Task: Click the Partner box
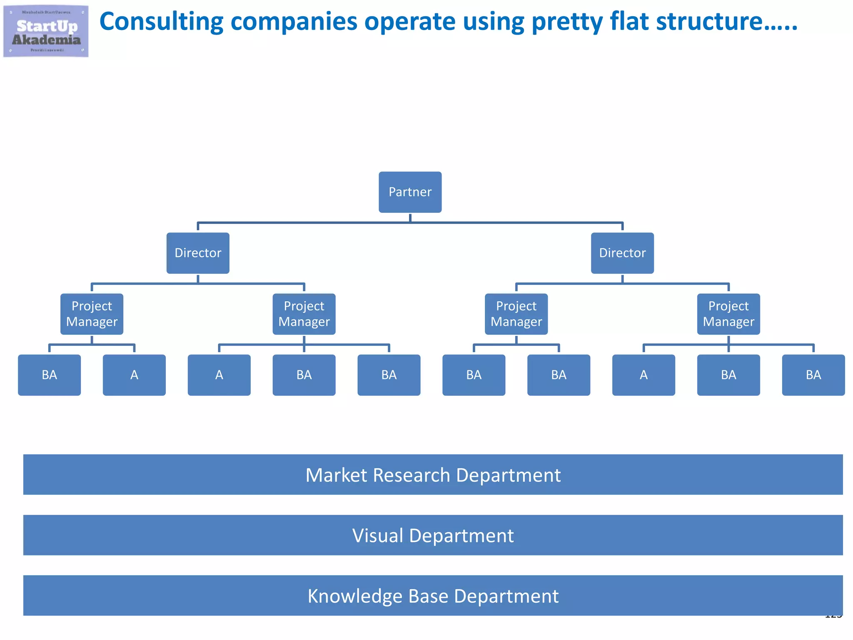point(410,192)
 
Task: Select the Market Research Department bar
point(433,475)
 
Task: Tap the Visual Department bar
point(433,535)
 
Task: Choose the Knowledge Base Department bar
point(433,595)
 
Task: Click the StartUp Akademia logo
point(46,31)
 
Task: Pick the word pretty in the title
point(567,22)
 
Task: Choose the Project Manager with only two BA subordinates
point(516,314)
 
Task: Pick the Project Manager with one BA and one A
point(92,314)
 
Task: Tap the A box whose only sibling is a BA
point(134,375)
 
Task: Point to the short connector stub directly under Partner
point(410,217)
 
